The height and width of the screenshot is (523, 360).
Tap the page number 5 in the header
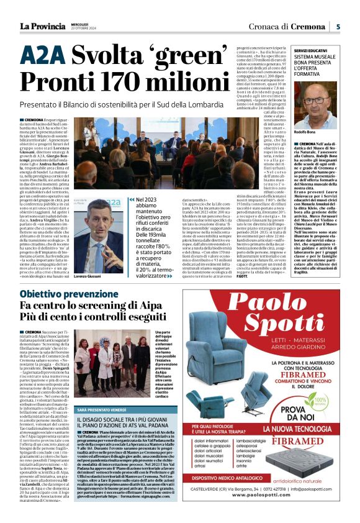[x=338, y=26]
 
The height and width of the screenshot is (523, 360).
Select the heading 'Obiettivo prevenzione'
[x=66, y=294]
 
